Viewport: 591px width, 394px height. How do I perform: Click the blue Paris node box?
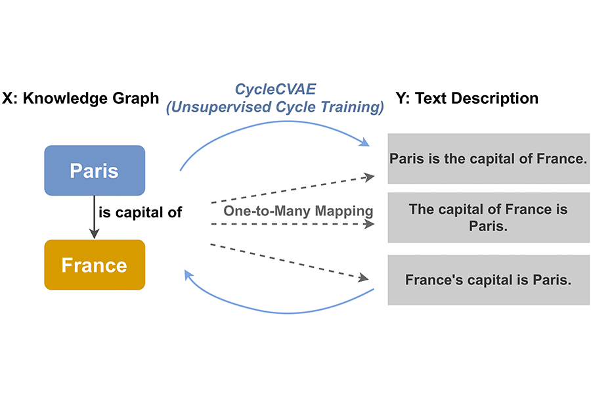pos(95,171)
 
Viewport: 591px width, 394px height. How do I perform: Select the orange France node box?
pos(95,265)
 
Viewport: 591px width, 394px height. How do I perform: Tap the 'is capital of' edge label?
pos(139,212)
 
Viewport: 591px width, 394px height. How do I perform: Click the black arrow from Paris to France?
pos(95,217)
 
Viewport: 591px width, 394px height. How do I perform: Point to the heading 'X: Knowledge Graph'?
pos(81,98)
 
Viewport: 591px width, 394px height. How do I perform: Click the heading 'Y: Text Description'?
pos(467,98)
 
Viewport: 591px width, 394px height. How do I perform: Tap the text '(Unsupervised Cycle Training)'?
pos(274,108)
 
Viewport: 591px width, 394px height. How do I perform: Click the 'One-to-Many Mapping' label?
pos(298,211)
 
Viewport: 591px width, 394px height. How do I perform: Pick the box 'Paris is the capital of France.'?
pos(487,158)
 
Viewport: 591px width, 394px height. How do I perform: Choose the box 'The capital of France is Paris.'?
pos(487,217)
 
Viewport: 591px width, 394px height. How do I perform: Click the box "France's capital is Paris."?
pos(487,280)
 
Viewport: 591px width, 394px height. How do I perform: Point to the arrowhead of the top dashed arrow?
pos(370,176)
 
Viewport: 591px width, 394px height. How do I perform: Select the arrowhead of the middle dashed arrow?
pos(370,224)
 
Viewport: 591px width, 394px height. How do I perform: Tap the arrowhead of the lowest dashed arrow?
pos(364,279)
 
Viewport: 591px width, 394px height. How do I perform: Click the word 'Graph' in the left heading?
pos(135,98)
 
